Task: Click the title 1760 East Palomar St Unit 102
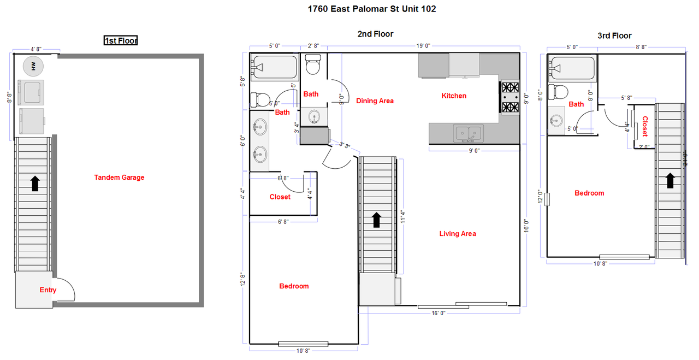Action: pyautogui.click(x=372, y=9)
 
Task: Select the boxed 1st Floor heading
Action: pyautogui.click(x=121, y=40)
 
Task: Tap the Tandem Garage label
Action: pyautogui.click(x=119, y=178)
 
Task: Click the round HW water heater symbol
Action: pyautogui.click(x=33, y=66)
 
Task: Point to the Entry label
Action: pyautogui.click(x=48, y=290)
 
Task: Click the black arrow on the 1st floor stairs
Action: pyautogui.click(x=35, y=184)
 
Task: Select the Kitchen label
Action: pyautogui.click(x=454, y=96)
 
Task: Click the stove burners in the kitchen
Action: pyautogui.click(x=510, y=97)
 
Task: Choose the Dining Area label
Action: pyautogui.click(x=375, y=101)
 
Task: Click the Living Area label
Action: pyautogui.click(x=458, y=234)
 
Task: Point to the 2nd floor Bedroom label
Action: pyautogui.click(x=294, y=286)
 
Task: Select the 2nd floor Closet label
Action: pyautogui.click(x=280, y=197)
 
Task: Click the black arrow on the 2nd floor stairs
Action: pyautogui.click(x=376, y=220)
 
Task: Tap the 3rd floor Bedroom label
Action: pyautogui.click(x=589, y=193)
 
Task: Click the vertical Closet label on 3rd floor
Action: pyautogui.click(x=645, y=126)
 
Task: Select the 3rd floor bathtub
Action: pyautogui.click(x=572, y=68)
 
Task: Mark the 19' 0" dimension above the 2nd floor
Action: pyautogui.click(x=424, y=46)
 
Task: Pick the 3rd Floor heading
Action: pyautogui.click(x=614, y=36)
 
